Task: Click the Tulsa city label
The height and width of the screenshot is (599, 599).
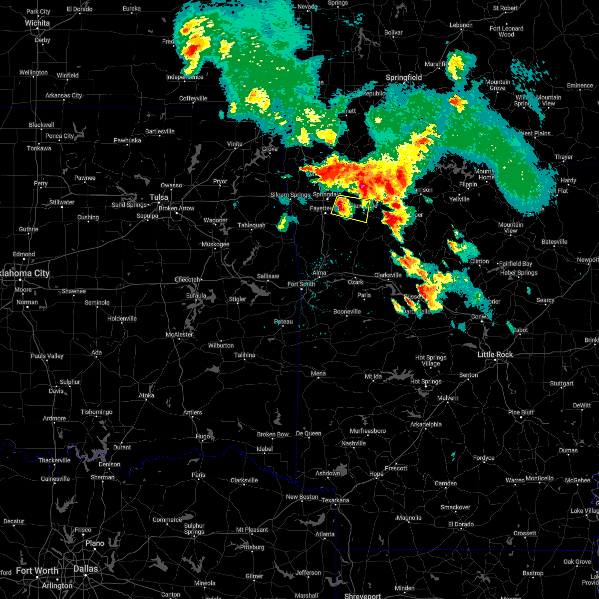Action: tap(159, 197)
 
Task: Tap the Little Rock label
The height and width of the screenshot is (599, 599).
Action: tap(495, 354)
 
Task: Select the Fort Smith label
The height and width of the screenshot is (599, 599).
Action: tap(301, 284)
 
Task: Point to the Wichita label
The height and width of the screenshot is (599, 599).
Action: tap(37, 23)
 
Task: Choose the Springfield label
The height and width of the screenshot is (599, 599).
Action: tap(404, 77)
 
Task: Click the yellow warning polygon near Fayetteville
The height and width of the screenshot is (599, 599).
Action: tap(350, 209)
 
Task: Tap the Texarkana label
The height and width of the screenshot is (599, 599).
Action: tap(335, 500)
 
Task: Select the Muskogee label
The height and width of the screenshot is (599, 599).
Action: tap(215, 244)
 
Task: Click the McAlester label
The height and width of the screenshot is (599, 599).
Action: tap(179, 334)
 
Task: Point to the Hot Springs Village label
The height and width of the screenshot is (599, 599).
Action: tap(431, 360)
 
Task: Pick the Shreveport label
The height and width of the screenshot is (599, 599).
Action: tap(362, 596)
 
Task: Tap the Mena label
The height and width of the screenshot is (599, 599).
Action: tap(318, 373)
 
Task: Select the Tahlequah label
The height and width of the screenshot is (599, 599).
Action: tap(251, 225)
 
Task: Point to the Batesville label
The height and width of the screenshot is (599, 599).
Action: tap(554, 242)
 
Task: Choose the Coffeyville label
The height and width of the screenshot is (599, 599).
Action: tap(193, 98)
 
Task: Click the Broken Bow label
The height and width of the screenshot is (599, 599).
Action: tap(273, 434)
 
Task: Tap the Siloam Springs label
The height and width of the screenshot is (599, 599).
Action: tap(290, 195)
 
